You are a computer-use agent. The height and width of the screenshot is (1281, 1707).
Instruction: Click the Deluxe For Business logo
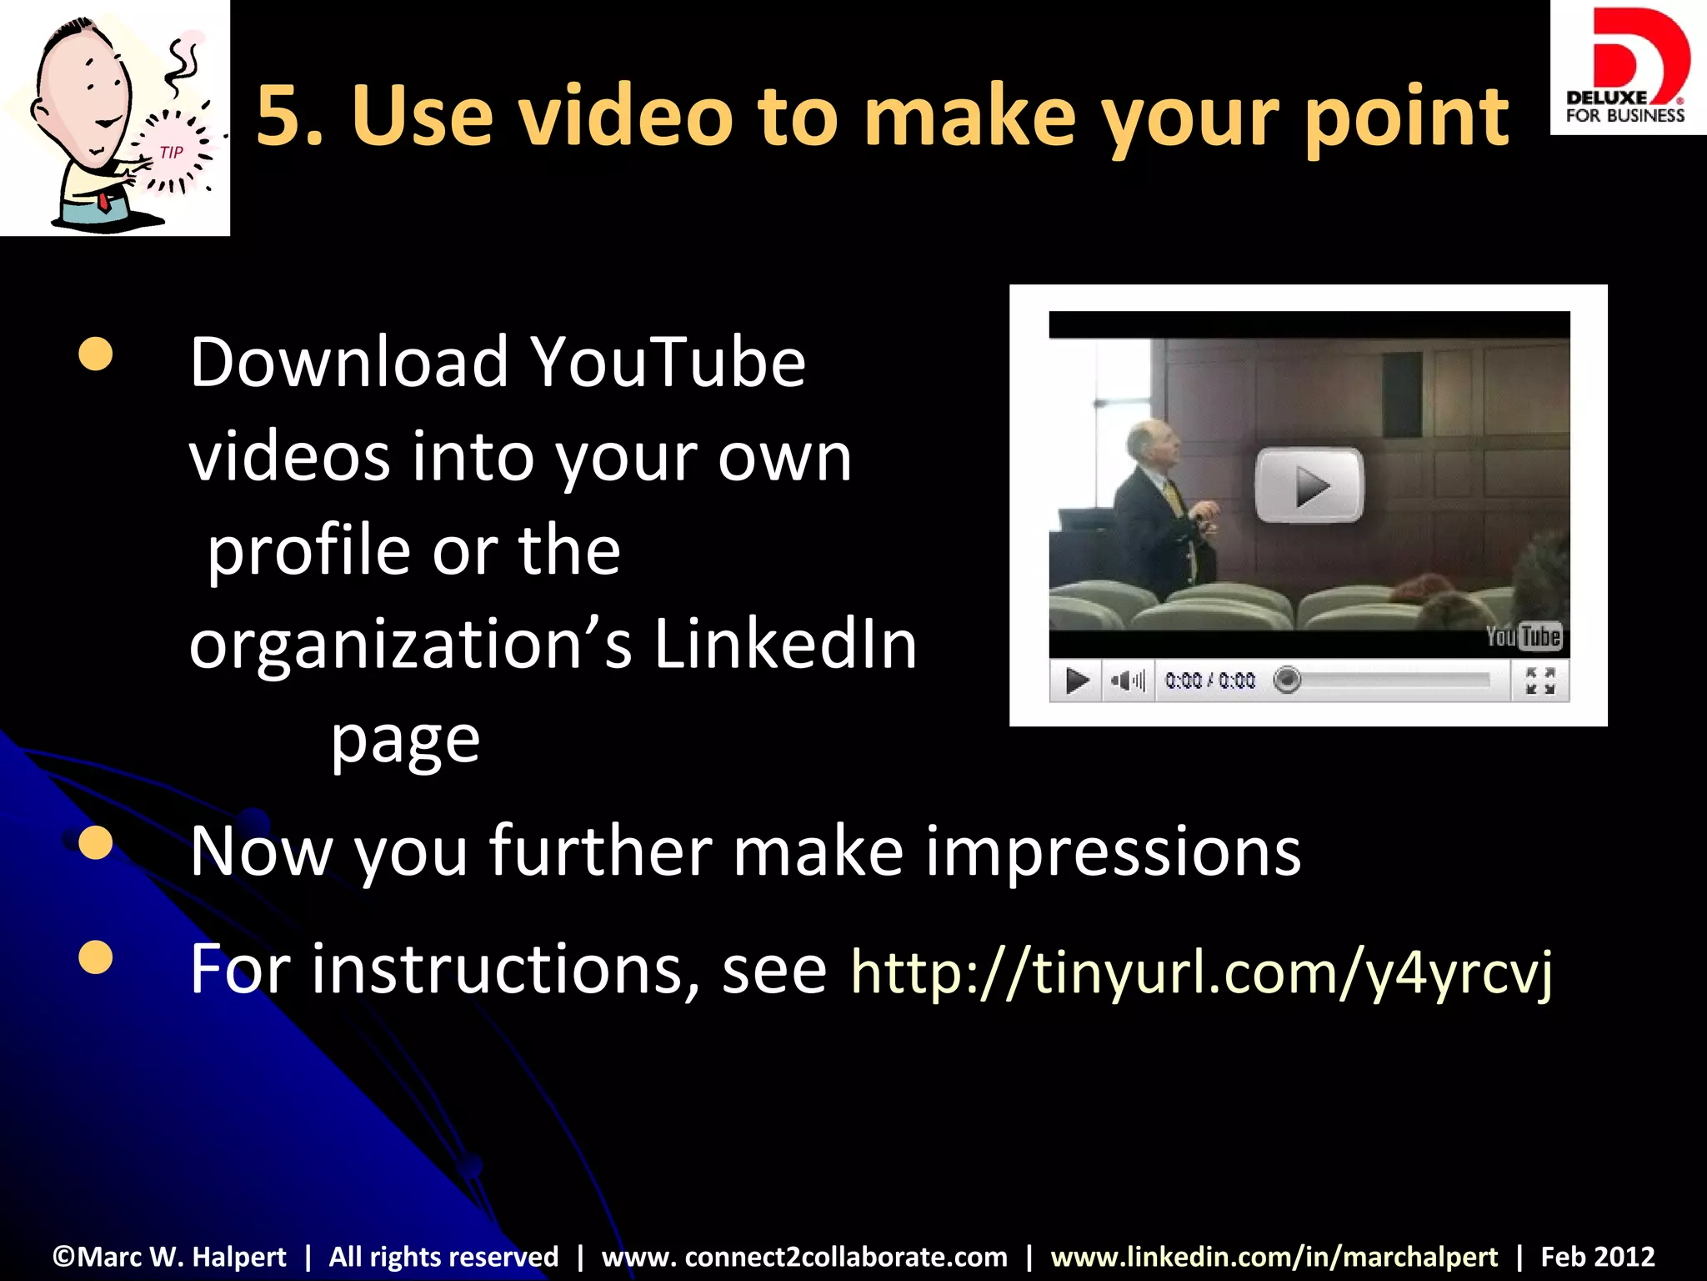coord(1626,67)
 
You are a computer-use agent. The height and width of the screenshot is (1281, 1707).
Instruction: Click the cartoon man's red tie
coord(103,201)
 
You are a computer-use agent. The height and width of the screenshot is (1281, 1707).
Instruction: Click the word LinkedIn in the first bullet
coord(785,645)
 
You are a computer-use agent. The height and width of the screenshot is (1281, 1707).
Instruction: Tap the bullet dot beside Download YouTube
coord(96,354)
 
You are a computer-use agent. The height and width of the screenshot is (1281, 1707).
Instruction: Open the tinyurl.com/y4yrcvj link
coord(1201,972)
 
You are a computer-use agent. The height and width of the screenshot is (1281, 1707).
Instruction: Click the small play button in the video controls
coord(1076,681)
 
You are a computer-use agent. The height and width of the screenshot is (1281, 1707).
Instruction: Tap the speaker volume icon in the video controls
coord(1128,681)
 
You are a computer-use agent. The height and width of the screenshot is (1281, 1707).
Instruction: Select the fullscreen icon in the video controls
coord(1539,681)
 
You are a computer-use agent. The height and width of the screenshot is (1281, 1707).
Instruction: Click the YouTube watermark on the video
coord(1524,636)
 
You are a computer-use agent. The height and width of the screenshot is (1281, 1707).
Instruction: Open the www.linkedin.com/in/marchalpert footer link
coord(1274,1256)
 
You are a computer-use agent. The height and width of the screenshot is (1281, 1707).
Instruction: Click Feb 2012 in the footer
coord(1597,1256)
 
